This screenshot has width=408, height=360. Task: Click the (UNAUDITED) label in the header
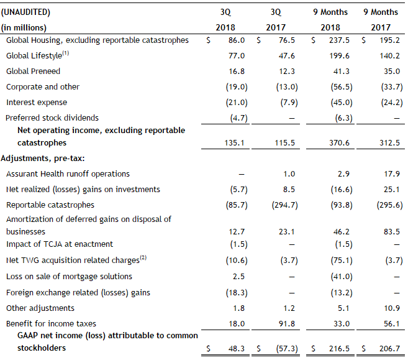tap(25, 12)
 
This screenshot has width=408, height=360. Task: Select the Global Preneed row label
tap(33, 71)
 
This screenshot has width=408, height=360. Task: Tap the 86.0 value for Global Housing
tap(237, 40)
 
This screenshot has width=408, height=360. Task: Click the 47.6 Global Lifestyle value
tap(287, 56)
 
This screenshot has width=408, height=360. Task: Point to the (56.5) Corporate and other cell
tap(342, 87)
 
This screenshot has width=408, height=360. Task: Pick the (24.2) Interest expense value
tap(392, 103)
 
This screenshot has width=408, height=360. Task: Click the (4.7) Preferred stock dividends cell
tap(238, 118)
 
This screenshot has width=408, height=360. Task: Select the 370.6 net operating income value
tap(339, 143)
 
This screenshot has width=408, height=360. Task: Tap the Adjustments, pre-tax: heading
tap(43, 159)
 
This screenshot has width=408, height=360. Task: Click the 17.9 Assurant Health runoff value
tap(392, 173)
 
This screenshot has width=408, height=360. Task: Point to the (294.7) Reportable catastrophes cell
tap(284, 205)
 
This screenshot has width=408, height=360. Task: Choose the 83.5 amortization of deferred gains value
tap(392, 231)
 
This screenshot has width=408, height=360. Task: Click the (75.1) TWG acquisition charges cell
tap(342, 261)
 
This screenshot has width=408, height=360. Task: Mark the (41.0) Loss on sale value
tap(342, 277)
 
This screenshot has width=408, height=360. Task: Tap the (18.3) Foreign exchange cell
tap(237, 292)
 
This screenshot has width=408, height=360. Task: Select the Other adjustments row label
tap(40, 308)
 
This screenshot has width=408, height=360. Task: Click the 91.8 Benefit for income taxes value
tap(287, 323)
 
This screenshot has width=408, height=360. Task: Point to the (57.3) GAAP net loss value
tap(287, 349)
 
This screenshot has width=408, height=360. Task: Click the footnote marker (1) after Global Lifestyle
tap(66, 53)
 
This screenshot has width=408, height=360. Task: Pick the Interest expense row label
tap(37, 103)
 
